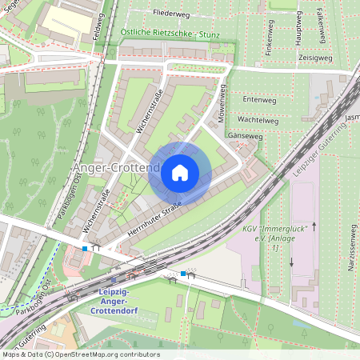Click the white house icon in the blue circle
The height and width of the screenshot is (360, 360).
point(179,172)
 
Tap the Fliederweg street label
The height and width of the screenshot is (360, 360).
point(174,13)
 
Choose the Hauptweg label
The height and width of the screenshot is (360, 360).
point(298,33)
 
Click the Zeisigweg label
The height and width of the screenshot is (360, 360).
point(314,58)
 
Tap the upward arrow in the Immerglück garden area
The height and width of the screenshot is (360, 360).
point(314,227)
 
